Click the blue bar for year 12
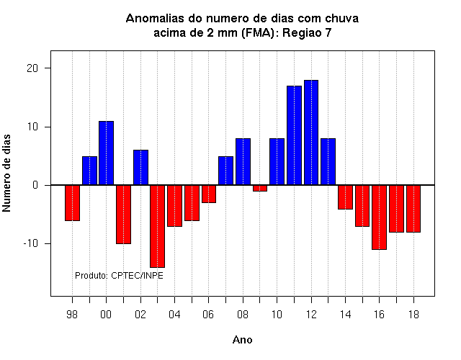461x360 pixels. [311, 132]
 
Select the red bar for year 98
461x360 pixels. [72, 203]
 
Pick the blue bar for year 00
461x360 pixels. [106, 153]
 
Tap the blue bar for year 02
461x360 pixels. [141, 168]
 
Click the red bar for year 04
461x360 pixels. [174, 206]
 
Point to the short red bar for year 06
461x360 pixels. [209, 194]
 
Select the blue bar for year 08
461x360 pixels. [243, 161]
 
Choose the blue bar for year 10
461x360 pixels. [277, 161]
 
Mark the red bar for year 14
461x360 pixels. [345, 197]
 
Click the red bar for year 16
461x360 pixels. [380, 217]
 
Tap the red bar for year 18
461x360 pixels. [413, 209]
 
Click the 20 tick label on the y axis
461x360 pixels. [32, 68]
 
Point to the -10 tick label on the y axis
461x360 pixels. [31, 243]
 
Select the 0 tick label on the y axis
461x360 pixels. [35, 185]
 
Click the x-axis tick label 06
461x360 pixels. [208, 315]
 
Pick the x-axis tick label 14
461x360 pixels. [346, 315]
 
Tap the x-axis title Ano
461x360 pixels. [242, 340]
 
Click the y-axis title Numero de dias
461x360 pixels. [6, 173]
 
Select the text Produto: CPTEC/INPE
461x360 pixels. [119, 276]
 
